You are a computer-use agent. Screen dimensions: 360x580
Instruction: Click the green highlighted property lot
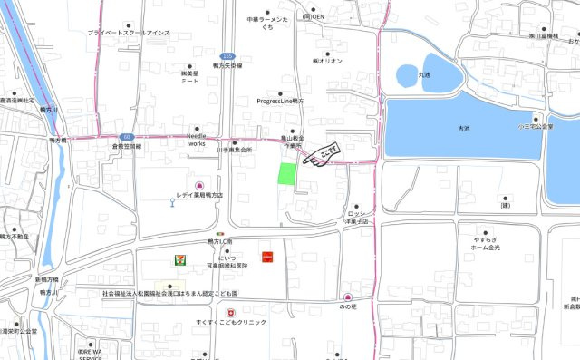[x=286, y=174]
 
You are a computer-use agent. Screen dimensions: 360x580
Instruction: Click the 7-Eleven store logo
[x=181, y=259]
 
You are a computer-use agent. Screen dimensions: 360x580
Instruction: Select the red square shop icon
[x=267, y=257]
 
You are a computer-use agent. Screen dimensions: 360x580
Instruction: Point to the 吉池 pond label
[x=464, y=130]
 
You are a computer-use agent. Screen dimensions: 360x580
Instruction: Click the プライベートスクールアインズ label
[x=128, y=33]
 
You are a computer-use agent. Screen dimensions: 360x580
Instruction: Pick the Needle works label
[x=197, y=139]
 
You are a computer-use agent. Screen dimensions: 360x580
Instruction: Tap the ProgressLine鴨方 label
[x=284, y=102]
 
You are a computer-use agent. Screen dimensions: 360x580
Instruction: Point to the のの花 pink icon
[x=347, y=297]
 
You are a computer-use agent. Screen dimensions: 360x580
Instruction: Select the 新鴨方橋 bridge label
[x=46, y=279]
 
